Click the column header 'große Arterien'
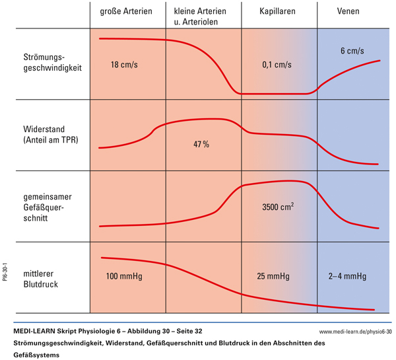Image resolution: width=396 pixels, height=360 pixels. [x=126, y=12]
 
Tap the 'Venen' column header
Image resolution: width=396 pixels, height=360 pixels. [x=348, y=12]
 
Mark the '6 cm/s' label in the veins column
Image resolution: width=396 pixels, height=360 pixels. [x=352, y=51]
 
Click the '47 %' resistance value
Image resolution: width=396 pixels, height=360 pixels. [x=201, y=144]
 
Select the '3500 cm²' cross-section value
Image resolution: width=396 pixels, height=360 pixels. [x=277, y=207]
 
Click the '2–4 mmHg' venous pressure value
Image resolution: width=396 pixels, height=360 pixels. [x=347, y=275]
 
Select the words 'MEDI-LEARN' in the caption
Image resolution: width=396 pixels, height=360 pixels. [x=33, y=330]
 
